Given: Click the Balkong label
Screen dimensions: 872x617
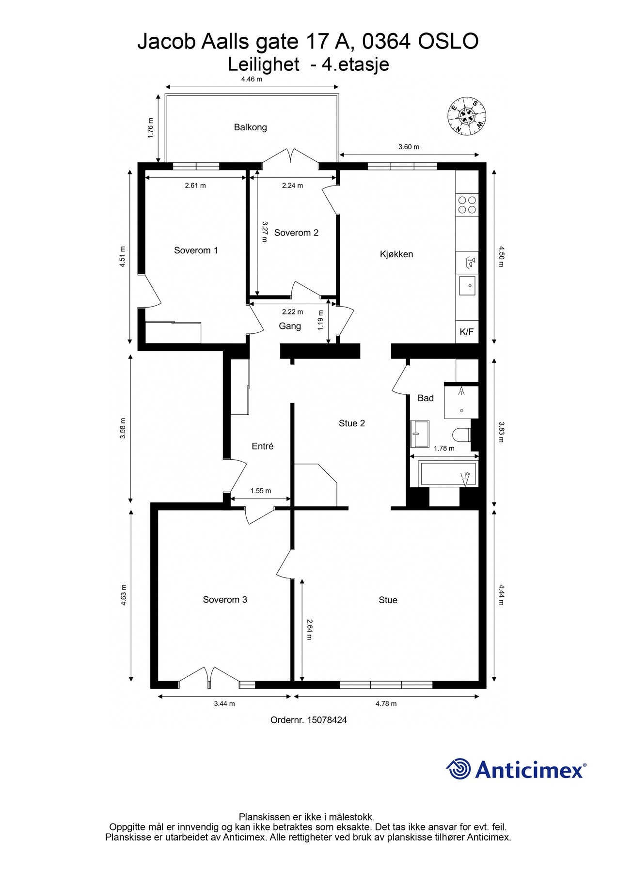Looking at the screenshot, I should point(250,127).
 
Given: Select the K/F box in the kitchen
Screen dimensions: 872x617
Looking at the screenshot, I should point(466,332).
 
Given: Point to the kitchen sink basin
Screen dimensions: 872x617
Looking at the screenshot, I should point(468,285).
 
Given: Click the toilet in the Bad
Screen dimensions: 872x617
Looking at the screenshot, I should point(461,435).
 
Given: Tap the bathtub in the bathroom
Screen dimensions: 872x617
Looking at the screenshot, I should point(448,474).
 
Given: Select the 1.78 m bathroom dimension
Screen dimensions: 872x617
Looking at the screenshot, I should point(444,449).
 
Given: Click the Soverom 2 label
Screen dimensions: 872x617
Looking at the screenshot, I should point(296,233).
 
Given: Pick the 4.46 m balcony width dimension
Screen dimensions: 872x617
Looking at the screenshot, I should point(252,79).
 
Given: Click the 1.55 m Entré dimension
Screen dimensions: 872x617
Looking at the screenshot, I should point(260,491).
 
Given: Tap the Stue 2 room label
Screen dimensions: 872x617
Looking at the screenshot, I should point(351,423).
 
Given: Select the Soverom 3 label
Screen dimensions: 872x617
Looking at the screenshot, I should point(225,600).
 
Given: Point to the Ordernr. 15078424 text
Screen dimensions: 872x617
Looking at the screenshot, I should point(308,720).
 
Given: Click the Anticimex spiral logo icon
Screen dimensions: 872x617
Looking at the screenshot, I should point(459,769).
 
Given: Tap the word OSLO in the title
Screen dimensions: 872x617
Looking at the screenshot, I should point(448,42).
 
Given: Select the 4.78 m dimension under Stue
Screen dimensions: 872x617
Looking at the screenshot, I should point(386,703).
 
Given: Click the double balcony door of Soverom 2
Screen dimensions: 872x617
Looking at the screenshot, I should point(290,156).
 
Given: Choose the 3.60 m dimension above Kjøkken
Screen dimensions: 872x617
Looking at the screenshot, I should point(409,147).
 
